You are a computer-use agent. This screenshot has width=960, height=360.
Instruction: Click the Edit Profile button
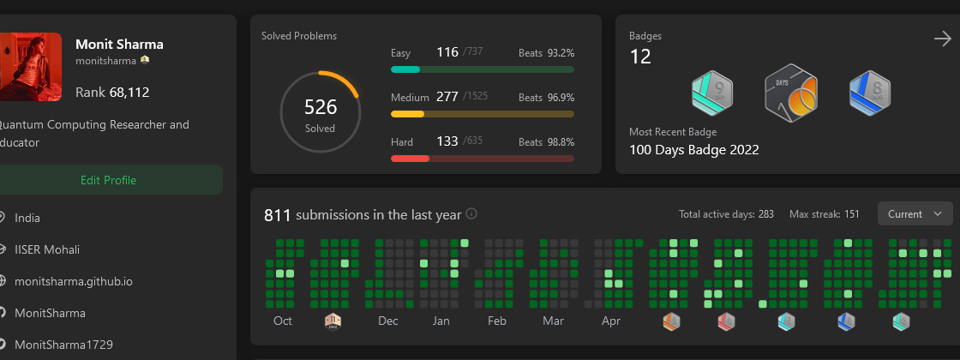coord(108,180)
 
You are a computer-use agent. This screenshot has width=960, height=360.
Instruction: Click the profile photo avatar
coord(31,67)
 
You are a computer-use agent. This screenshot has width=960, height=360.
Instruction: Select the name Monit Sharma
coord(119,45)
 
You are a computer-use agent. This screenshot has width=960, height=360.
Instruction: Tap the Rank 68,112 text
coord(112,93)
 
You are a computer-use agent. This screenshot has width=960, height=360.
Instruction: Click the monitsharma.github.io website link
coord(74,281)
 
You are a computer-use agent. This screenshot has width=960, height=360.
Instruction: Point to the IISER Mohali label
coord(47,249)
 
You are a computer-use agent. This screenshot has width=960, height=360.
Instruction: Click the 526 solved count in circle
coord(321,107)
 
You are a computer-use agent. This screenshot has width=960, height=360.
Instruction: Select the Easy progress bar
coord(483,69)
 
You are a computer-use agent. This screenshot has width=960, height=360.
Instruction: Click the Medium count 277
coord(447,97)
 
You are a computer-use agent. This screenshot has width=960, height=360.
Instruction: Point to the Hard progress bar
coord(483,159)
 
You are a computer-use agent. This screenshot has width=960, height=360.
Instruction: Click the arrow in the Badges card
coord(942,39)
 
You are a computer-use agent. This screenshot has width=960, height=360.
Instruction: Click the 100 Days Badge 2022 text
coord(694,150)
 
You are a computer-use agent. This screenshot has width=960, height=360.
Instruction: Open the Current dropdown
coord(915,214)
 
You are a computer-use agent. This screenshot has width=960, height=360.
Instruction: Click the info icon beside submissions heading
coord(471,214)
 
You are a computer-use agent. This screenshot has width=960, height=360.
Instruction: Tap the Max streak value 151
coord(852,214)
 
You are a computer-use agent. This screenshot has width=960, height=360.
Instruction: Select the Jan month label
coord(441,321)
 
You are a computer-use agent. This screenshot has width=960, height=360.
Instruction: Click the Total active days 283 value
coord(765,214)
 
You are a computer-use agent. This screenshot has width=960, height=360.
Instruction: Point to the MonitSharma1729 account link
coord(63,345)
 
